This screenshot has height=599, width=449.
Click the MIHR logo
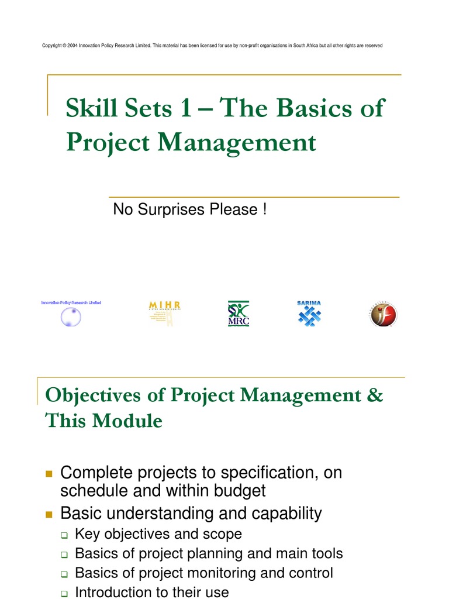(164, 314)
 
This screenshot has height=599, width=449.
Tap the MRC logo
(239, 314)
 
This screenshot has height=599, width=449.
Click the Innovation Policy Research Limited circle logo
(71, 316)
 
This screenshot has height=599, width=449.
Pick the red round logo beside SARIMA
(384, 315)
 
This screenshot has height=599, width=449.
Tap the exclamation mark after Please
(265, 209)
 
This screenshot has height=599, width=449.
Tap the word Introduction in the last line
(113, 592)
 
